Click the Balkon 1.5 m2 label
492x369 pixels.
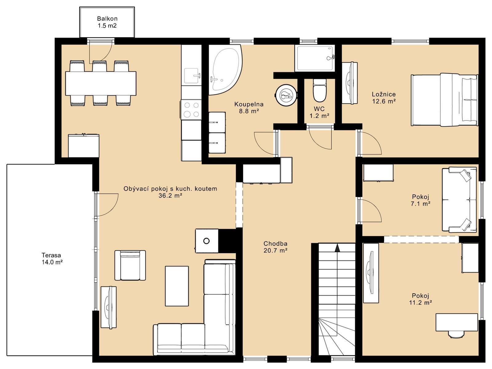[x=107, y=22]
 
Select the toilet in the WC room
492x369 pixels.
[x=319, y=90]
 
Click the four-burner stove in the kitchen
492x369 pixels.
[x=192, y=110]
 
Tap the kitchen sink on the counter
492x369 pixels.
[x=192, y=76]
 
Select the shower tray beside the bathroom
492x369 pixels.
[x=315, y=58]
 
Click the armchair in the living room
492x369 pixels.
[x=130, y=265]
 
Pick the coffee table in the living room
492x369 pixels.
[x=177, y=286]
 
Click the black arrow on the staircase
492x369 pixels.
[x=337, y=248]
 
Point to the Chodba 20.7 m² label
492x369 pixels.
[x=275, y=247]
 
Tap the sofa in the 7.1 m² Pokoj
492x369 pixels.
[x=459, y=200]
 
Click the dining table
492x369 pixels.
[x=101, y=83]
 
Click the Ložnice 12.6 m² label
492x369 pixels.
[x=384, y=98]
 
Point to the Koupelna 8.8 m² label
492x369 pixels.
[x=249, y=108]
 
